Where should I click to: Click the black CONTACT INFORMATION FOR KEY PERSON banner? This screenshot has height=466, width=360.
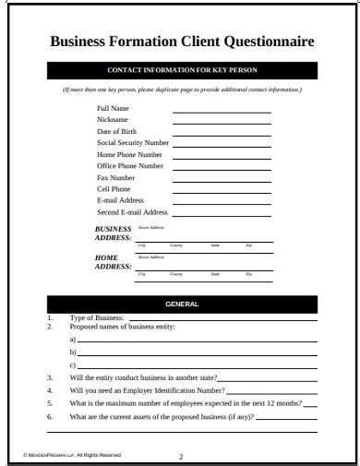(x=181, y=70)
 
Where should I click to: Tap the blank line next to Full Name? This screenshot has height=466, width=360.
(x=222, y=112)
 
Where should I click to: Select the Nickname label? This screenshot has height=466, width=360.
(x=113, y=120)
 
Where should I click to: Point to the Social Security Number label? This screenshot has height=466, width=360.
(x=133, y=143)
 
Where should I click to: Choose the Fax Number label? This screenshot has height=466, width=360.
(x=116, y=177)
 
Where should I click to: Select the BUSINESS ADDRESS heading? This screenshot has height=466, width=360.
(x=114, y=233)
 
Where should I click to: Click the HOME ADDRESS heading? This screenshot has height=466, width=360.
(x=114, y=262)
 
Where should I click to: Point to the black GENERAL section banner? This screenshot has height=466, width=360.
(x=181, y=304)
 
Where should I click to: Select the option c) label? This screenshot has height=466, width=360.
(x=73, y=366)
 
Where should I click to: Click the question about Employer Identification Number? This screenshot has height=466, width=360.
(x=147, y=389)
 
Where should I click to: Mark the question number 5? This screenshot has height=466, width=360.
(x=50, y=403)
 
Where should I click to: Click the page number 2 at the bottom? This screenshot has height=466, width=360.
(x=182, y=455)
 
